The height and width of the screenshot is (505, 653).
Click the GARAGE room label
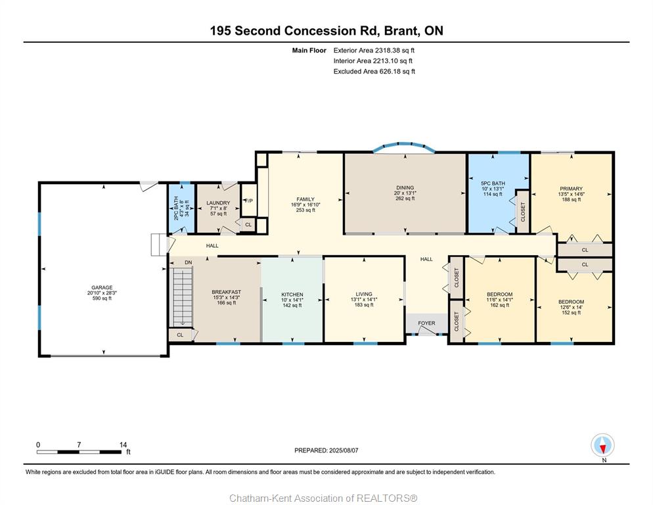[102, 287]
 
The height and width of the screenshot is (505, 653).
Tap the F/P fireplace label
[249, 201]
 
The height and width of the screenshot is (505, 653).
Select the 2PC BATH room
[181, 208]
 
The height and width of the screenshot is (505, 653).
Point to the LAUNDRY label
[218, 203]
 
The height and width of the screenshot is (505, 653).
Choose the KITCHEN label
[292, 295]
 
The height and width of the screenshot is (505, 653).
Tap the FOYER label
[426, 323]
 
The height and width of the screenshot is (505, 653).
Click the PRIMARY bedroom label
[571, 189]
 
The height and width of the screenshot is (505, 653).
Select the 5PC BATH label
[493, 183]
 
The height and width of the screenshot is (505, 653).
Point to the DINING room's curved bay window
[404, 145]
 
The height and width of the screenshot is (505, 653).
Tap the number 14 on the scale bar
[123, 445]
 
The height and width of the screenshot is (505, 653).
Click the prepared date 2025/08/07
[344, 450]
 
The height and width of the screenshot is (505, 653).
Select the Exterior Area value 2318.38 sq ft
[394, 51]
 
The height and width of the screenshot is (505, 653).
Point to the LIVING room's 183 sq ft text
[364, 305]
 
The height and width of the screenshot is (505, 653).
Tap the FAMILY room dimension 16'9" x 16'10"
[305, 204]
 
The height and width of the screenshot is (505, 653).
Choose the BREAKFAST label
[226, 292]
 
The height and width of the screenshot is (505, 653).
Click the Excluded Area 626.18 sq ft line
[374, 71]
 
